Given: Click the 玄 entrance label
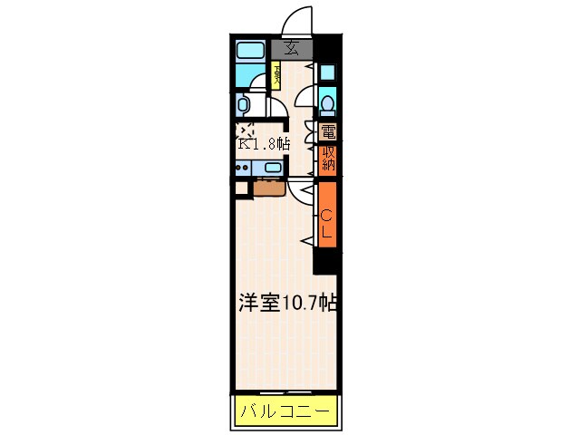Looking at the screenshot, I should (x=292, y=49).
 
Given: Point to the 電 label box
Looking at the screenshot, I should (x=327, y=131).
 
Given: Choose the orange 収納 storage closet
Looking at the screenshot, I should (x=327, y=159).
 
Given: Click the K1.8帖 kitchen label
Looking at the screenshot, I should (x=264, y=143).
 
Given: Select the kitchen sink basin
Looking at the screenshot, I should (x=271, y=168).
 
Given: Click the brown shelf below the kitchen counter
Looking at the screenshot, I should (x=269, y=188).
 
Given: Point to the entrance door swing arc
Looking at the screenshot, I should (x=295, y=20).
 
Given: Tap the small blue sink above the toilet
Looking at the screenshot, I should (x=326, y=72).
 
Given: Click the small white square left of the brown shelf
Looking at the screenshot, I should (x=240, y=188).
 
